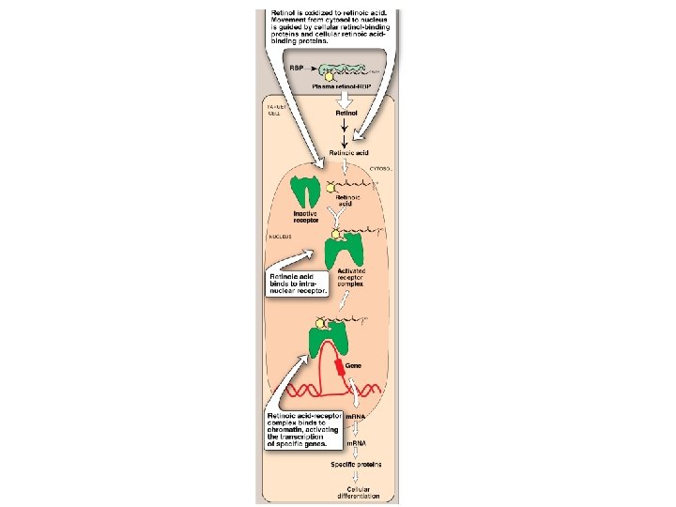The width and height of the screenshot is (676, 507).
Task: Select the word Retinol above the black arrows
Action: point(346,112)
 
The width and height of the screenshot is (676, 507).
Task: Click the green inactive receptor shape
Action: point(304,192)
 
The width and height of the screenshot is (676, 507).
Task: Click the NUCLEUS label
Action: point(281,238)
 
